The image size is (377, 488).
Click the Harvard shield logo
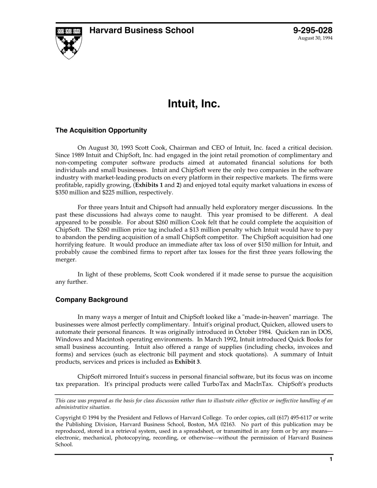69,43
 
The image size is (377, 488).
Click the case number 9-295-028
313,31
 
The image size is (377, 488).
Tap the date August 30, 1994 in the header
315,38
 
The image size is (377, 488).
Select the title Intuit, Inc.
194,104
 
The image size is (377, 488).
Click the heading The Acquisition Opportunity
101,130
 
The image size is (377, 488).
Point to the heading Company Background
92,300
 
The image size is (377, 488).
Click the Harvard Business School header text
141,31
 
